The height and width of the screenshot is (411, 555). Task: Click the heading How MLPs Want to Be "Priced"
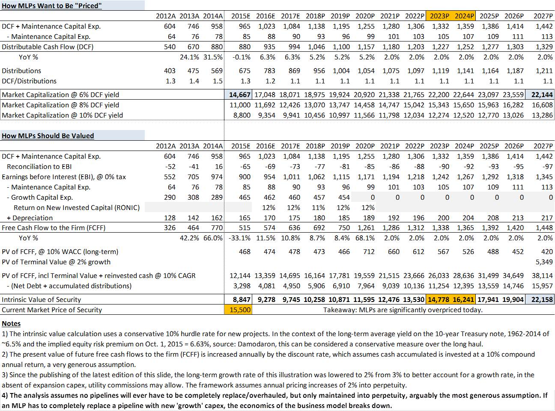[x=52, y=6]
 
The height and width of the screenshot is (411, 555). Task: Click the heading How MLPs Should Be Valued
[x=48, y=136]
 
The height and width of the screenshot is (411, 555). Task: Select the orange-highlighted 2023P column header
[x=439, y=16]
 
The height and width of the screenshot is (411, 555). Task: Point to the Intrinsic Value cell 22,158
[x=542, y=299]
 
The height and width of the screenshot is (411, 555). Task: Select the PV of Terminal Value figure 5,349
[x=544, y=262]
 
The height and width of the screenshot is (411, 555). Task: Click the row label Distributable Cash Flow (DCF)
[x=48, y=47]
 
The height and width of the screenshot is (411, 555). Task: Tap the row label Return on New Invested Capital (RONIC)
[x=77, y=207]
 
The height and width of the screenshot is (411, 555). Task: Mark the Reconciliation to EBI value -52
[x=170, y=166]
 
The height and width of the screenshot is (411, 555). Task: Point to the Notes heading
[x=11, y=323]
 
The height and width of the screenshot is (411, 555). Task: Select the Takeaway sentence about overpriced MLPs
[x=403, y=310]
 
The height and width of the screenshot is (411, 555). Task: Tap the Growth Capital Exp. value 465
[x=245, y=197]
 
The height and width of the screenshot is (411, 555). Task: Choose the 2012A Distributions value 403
[x=170, y=71]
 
